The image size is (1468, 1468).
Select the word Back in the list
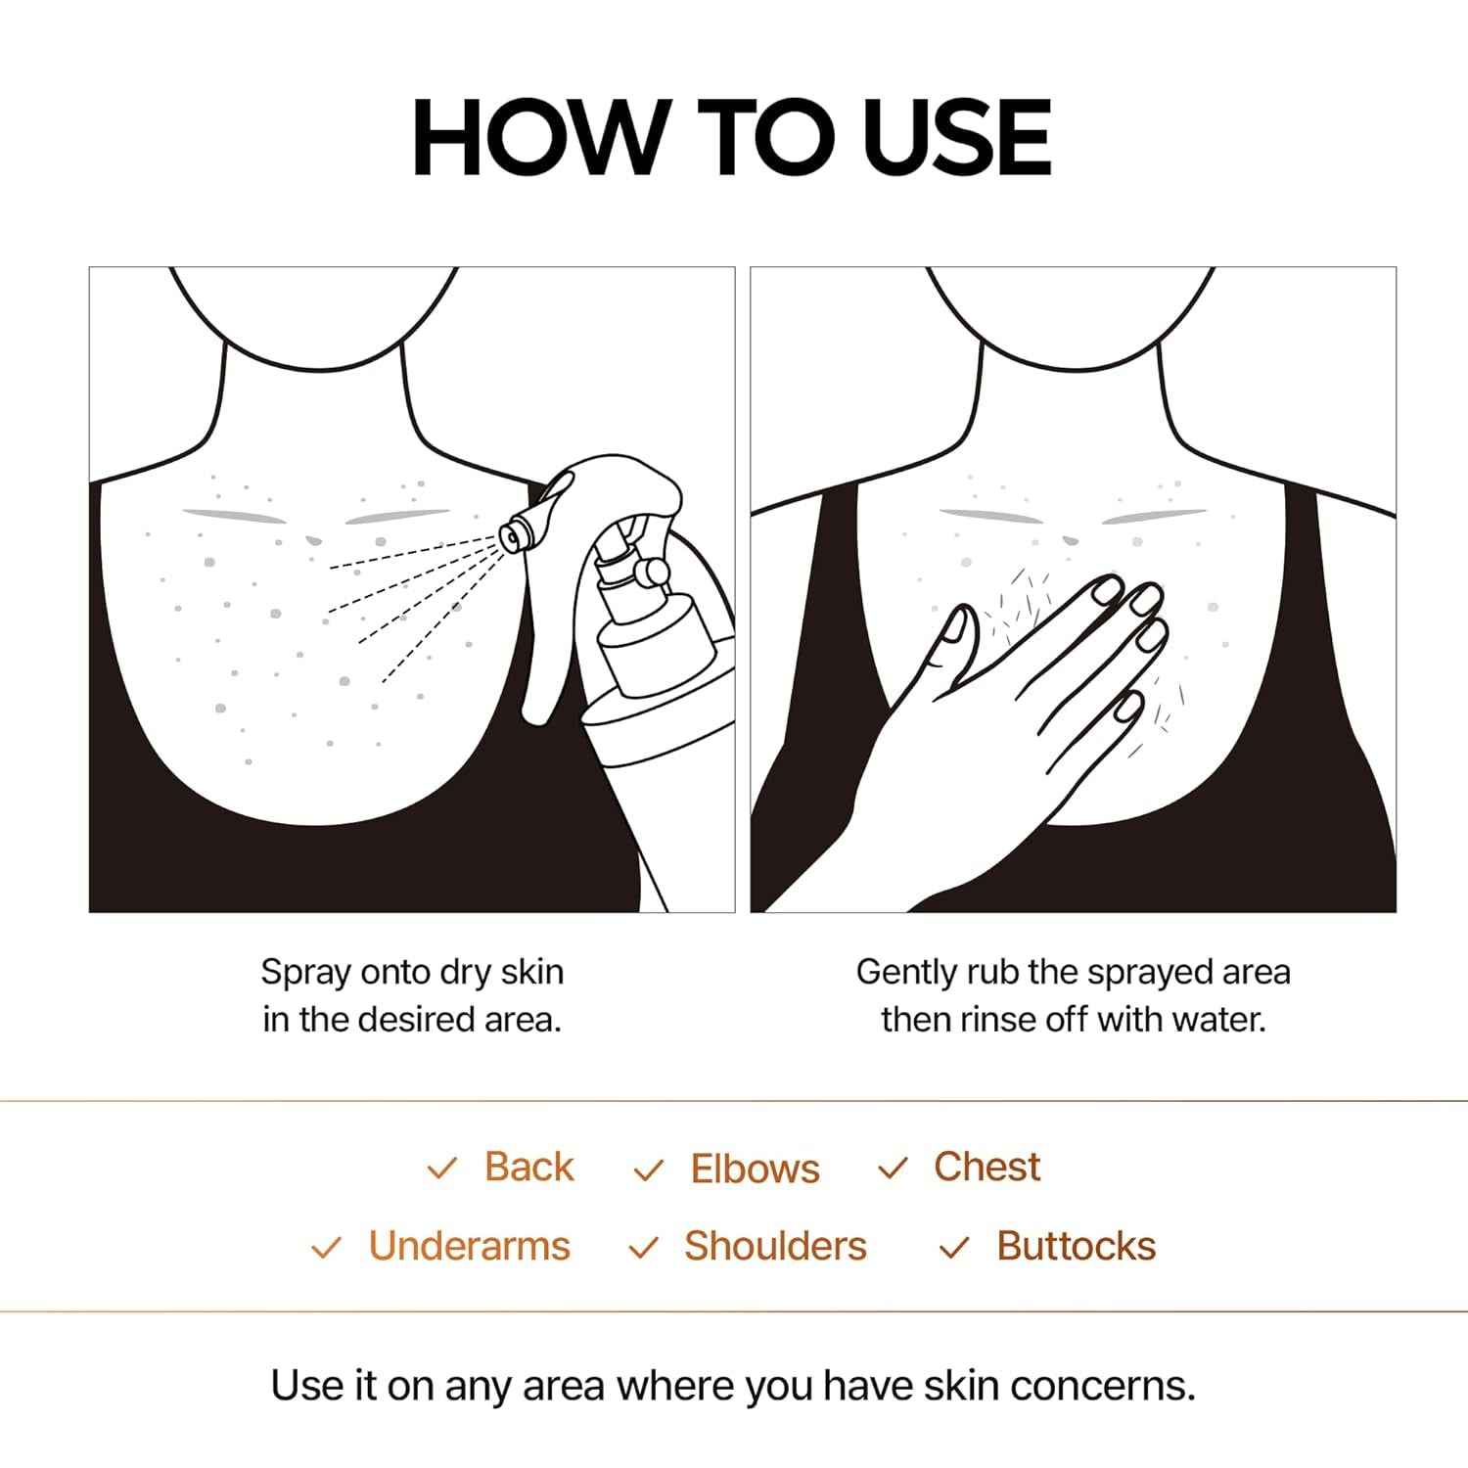click(x=528, y=1167)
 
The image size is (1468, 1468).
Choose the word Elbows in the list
click(x=755, y=1169)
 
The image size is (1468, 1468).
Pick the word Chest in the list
click(x=986, y=1167)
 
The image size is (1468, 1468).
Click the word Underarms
click(x=469, y=1246)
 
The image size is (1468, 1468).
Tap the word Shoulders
click(x=775, y=1246)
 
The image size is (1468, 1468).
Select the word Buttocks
click(x=1076, y=1246)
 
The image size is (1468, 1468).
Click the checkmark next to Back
click(x=442, y=1169)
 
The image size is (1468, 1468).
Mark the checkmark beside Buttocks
click(x=953, y=1248)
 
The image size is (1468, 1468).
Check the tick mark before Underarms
click(x=325, y=1248)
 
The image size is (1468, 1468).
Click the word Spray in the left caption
click(x=305, y=973)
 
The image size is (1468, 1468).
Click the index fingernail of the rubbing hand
click(x=1108, y=589)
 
